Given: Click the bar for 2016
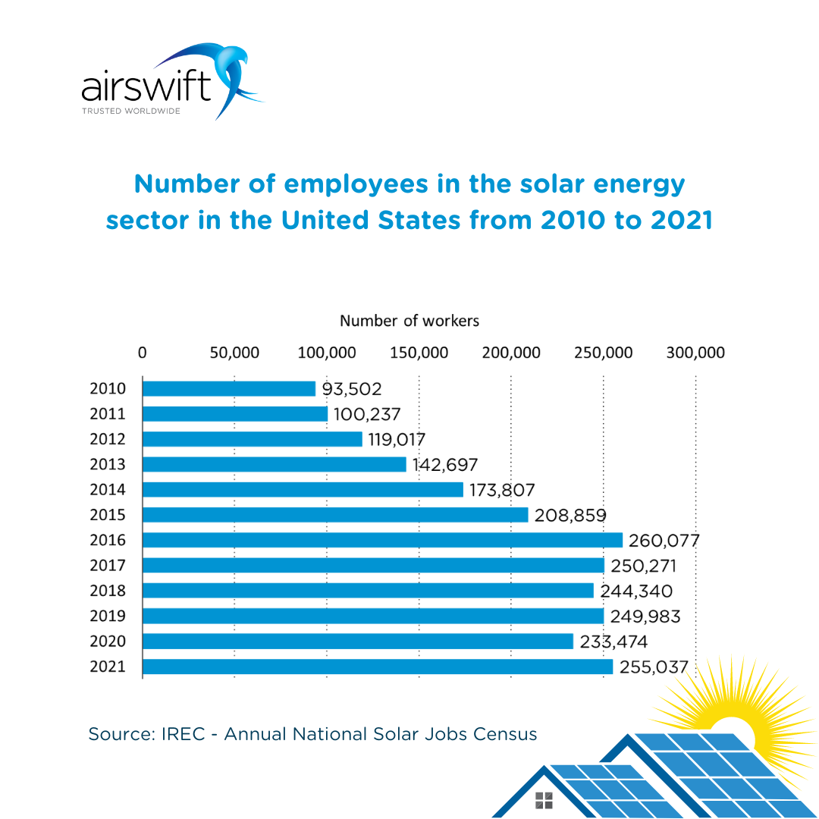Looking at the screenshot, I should coord(382,540).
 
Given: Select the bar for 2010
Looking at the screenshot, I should coord(229,388).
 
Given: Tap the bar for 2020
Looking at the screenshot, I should coord(358,642).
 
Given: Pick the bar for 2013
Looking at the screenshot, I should coord(275,464).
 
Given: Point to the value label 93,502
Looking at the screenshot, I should coord(352,389).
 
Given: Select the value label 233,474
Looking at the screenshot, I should coord(613,642).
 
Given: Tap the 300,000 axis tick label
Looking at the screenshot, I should coord(695,353).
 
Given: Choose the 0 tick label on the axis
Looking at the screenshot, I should coord(143,353).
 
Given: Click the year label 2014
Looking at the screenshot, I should coord(108,490).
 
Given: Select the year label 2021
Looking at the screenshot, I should coord(108,667).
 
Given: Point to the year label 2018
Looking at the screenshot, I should coord(108,591).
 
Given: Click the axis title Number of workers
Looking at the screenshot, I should coord(409,321).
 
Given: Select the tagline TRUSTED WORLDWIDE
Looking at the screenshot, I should coord(131,111).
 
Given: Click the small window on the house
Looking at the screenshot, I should coord(544,799).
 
